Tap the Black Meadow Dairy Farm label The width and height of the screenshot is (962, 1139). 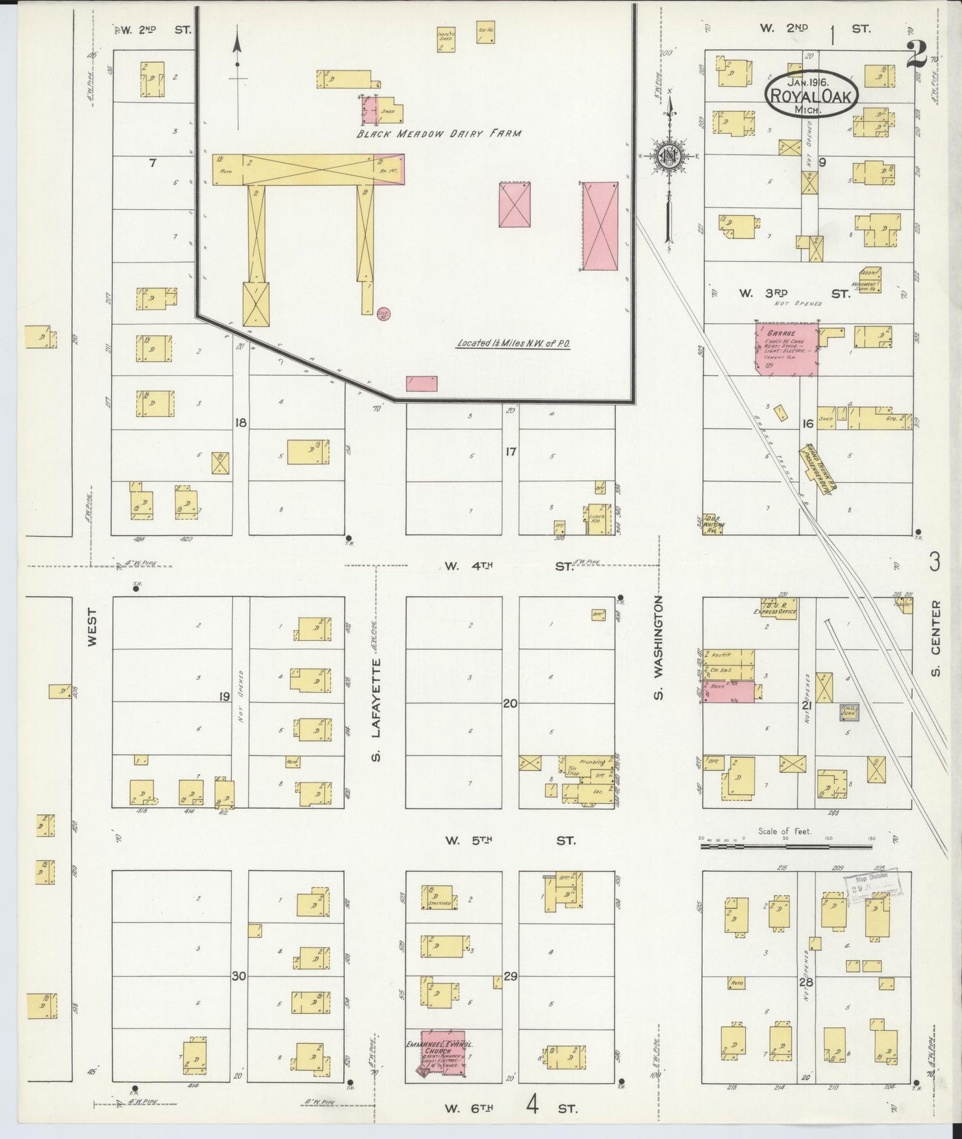(439, 133)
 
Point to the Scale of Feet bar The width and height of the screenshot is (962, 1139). (786, 847)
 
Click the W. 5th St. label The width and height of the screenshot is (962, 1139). (509, 841)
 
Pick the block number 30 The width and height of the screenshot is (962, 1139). (240, 976)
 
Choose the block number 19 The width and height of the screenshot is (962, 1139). (224, 697)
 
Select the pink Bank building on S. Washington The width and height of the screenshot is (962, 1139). (730, 691)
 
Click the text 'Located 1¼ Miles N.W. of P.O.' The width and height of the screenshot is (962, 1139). (513, 344)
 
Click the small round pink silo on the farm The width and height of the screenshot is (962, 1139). (383, 312)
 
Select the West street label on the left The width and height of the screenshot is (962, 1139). (92, 626)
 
